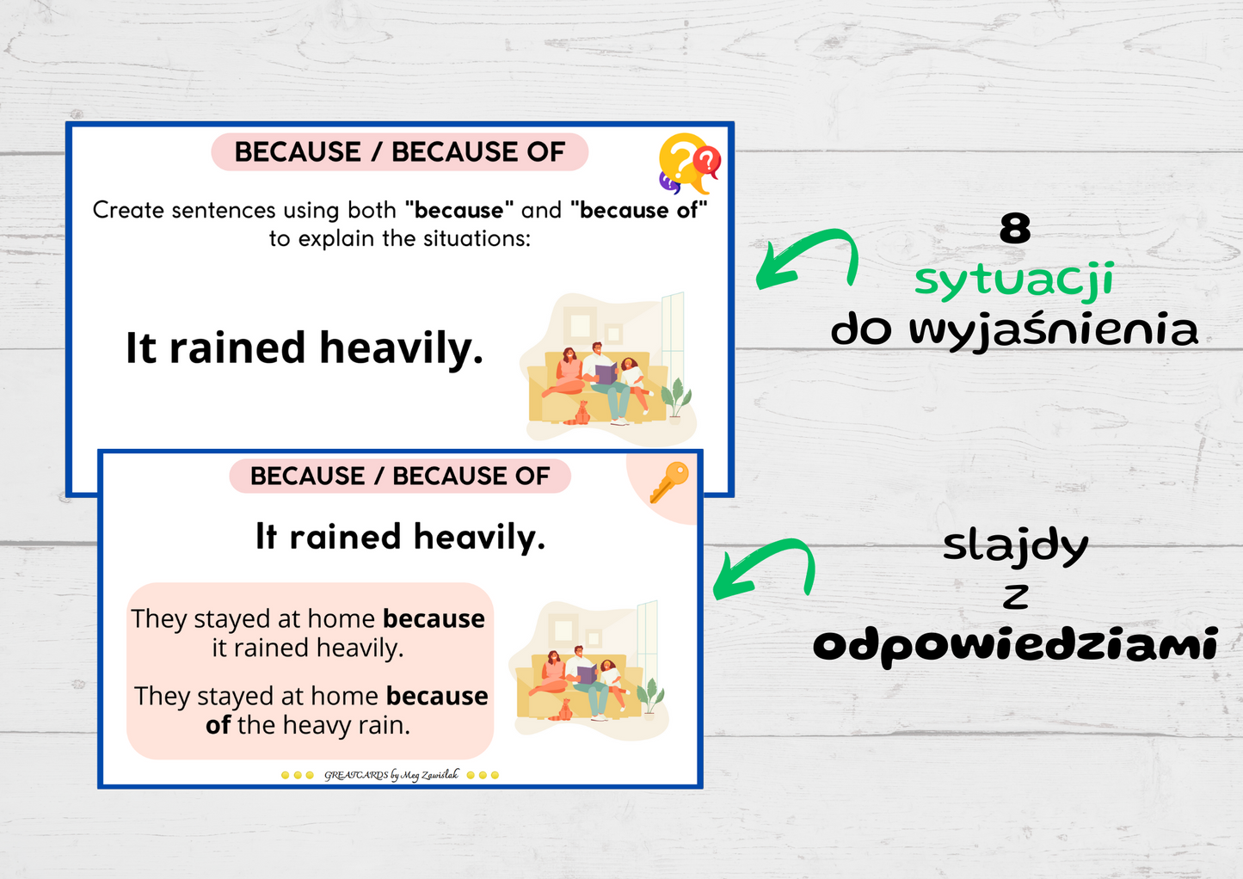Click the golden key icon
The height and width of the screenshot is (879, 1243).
pyautogui.click(x=669, y=482)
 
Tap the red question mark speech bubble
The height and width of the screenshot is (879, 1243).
pyautogui.click(x=706, y=162)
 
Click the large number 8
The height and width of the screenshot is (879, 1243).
pyautogui.click(x=1015, y=228)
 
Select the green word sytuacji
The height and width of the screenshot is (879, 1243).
pyautogui.click(x=1014, y=280)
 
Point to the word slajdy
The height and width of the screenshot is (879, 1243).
pyautogui.click(x=1016, y=547)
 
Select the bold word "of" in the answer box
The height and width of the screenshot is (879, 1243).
pyautogui.click(x=218, y=725)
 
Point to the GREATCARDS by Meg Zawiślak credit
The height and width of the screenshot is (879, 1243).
pyautogui.click(x=391, y=775)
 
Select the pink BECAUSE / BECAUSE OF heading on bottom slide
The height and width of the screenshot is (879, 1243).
pyautogui.click(x=400, y=476)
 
